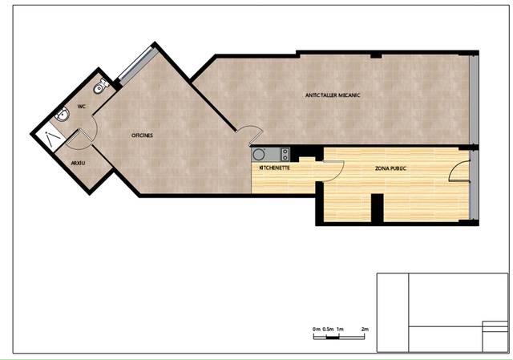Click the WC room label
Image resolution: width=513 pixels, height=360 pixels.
click(x=82, y=107)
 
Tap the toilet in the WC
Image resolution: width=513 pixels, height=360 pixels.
click(x=100, y=86)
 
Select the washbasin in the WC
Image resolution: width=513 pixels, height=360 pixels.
click(x=63, y=115)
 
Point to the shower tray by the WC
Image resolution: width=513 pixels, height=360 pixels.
click(x=49, y=137)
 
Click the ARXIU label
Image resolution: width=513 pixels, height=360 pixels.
click(x=78, y=163)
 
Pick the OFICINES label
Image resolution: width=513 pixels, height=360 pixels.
click(x=142, y=136)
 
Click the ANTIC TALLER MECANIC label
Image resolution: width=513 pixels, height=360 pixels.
click(x=333, y=95)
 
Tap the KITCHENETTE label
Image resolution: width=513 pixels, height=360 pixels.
click(x=274, y=168)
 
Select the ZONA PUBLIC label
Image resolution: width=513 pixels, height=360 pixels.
click(x=390, y=168)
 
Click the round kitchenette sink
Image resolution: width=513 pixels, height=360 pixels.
click(x=259, y=155)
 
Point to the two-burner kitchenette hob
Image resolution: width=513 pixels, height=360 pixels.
click(x=285, y=155)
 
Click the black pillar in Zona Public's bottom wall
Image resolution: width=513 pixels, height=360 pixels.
click(x=378, y=208)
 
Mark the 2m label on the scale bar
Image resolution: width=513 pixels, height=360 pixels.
click(x=365, y=329)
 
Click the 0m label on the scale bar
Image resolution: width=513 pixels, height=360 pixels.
click(x=317, y=329)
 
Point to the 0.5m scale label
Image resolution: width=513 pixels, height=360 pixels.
click(x=328, y=329)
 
